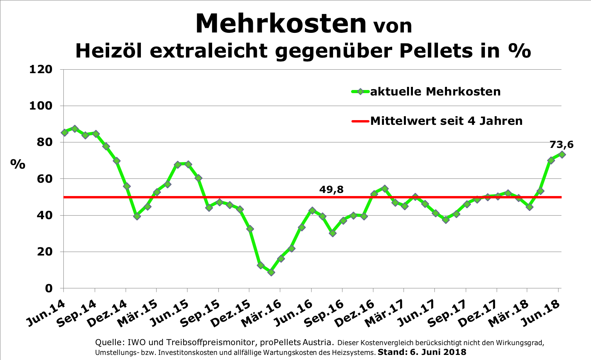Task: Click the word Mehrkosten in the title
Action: coord(281,23)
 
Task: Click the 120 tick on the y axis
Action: coord(41,70)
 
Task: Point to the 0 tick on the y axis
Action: coord(49,288)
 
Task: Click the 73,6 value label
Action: coord(561,145)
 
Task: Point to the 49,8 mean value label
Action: coord(331,190)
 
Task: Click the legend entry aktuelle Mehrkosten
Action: coord(435,92)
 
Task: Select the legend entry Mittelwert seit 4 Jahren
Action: coord(446,121)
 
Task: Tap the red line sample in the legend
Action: coord(360,121)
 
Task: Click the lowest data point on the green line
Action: coord(271,272)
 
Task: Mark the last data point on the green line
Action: coord(562,155)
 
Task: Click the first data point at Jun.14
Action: coord(65,133)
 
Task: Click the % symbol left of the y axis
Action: coord(18,164)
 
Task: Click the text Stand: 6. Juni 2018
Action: coord(422,352)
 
